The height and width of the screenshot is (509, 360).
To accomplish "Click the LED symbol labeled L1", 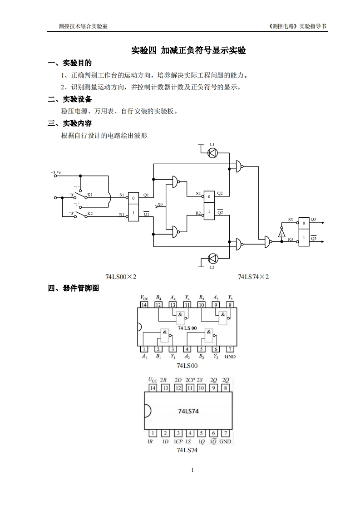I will pyautogui.click(x=212, y=153).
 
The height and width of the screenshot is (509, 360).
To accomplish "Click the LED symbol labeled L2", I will pyautogui.click(x=212, y=259).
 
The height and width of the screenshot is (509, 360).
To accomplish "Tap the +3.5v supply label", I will pyautogui.click(x=56, y=173).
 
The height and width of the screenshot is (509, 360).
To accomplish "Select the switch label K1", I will pyautogui.click(x=90, y=195).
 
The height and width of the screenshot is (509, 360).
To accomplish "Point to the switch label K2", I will pyautogui.click(x=90, y=213).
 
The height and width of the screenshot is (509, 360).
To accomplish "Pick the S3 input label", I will pyautogui.click(x=291, y=220).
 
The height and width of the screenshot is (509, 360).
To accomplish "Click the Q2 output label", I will pyautogui.click(x=220, y=193).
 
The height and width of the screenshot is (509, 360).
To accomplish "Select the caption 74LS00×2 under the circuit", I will pyautogui.click(x=121, y=276).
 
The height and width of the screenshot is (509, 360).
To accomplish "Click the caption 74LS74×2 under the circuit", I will pyautogui.click(x=253, y=276).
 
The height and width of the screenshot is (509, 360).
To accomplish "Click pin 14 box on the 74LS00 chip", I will pyautogui.click(x=144, y=305).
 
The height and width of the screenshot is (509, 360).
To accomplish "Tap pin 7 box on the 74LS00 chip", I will pyautogui.click(x=230, y=349).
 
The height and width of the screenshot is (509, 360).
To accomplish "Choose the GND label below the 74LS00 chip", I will pyautogui.click(x=230, y=357).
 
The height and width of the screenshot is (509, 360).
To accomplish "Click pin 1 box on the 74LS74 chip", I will pyautogui.click(x=153, y=433).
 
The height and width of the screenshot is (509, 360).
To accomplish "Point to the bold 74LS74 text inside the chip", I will pyautogui.click(x=188, y=411).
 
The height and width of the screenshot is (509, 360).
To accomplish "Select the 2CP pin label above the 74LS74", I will pyautogui.click(x=190, y=380).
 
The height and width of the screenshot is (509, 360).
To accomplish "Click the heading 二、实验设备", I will pyautogui.click(x=70, y=99).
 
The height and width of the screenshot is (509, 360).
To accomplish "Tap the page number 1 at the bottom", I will pyautogui.click(x=192, y=470).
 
